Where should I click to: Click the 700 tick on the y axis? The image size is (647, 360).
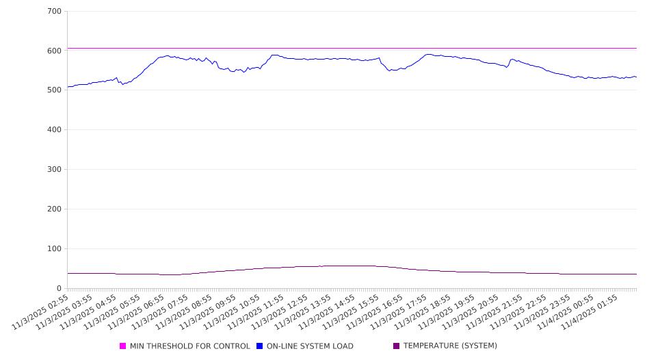click(54, 12)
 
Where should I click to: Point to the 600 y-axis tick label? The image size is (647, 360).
click(54, 51)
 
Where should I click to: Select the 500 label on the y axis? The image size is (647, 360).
click(54, 90)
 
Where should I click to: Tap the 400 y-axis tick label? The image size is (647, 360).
click(54, 129)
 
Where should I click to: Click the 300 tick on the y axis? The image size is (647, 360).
click(54, 169)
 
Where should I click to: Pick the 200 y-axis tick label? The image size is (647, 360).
click(54, 209)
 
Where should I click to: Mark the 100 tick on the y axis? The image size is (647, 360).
click(54, 248)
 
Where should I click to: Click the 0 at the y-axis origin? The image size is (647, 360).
click(60, 288)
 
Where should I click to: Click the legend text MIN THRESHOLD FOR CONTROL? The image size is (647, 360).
click(189, 346)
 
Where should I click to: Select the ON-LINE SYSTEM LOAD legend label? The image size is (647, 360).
click(310, 346)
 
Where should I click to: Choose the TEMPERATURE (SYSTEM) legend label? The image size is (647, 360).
click(450, 346)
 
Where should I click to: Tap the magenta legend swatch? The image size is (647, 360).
click(123, 346)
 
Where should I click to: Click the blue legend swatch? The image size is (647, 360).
click(260, 346)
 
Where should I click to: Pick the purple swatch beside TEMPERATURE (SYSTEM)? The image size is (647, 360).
click(397, 346)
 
